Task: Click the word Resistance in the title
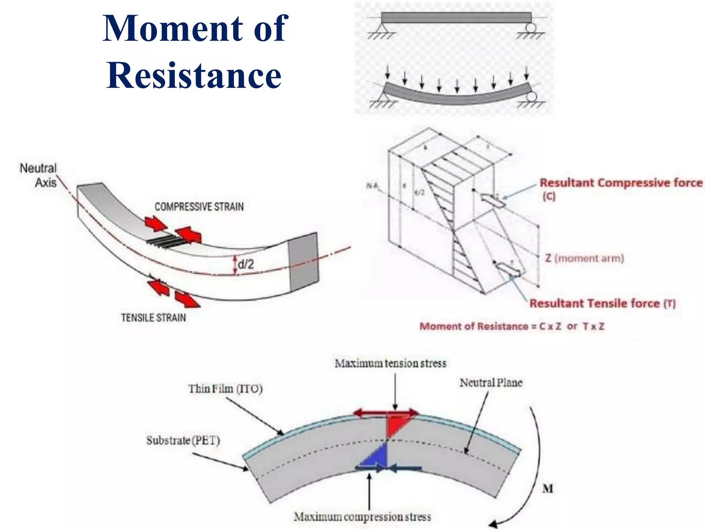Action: (x=194, y=75)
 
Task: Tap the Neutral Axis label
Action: (x=39, y=175)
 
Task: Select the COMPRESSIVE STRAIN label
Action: (x=199, y=207)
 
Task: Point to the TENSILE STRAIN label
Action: (x=153, y=318)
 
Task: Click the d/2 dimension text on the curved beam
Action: (x=246, y=264)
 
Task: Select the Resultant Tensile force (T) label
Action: (x=602, y=303)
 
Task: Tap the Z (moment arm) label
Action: (x=585, y=258)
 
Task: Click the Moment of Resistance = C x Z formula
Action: (x=512, y=326)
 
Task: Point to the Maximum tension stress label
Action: (x=390, y=363)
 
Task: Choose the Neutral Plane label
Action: (x=491, y=383)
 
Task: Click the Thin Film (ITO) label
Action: (x=225, y=389)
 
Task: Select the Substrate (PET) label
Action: (x=183, y=440)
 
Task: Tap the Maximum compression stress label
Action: (x=362, y=517)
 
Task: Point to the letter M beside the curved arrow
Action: (x=548, y=489)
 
